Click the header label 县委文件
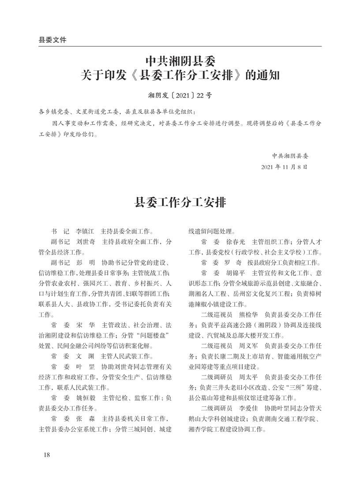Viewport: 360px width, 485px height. pos(52,40)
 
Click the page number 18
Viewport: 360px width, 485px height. pos(47,455)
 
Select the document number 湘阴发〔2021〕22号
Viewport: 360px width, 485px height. pos(180,95)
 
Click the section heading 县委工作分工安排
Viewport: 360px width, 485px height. pos(180,203)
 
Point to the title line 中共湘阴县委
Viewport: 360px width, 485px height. pos(180,60)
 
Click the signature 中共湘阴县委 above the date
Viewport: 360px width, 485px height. pos(290,155)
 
